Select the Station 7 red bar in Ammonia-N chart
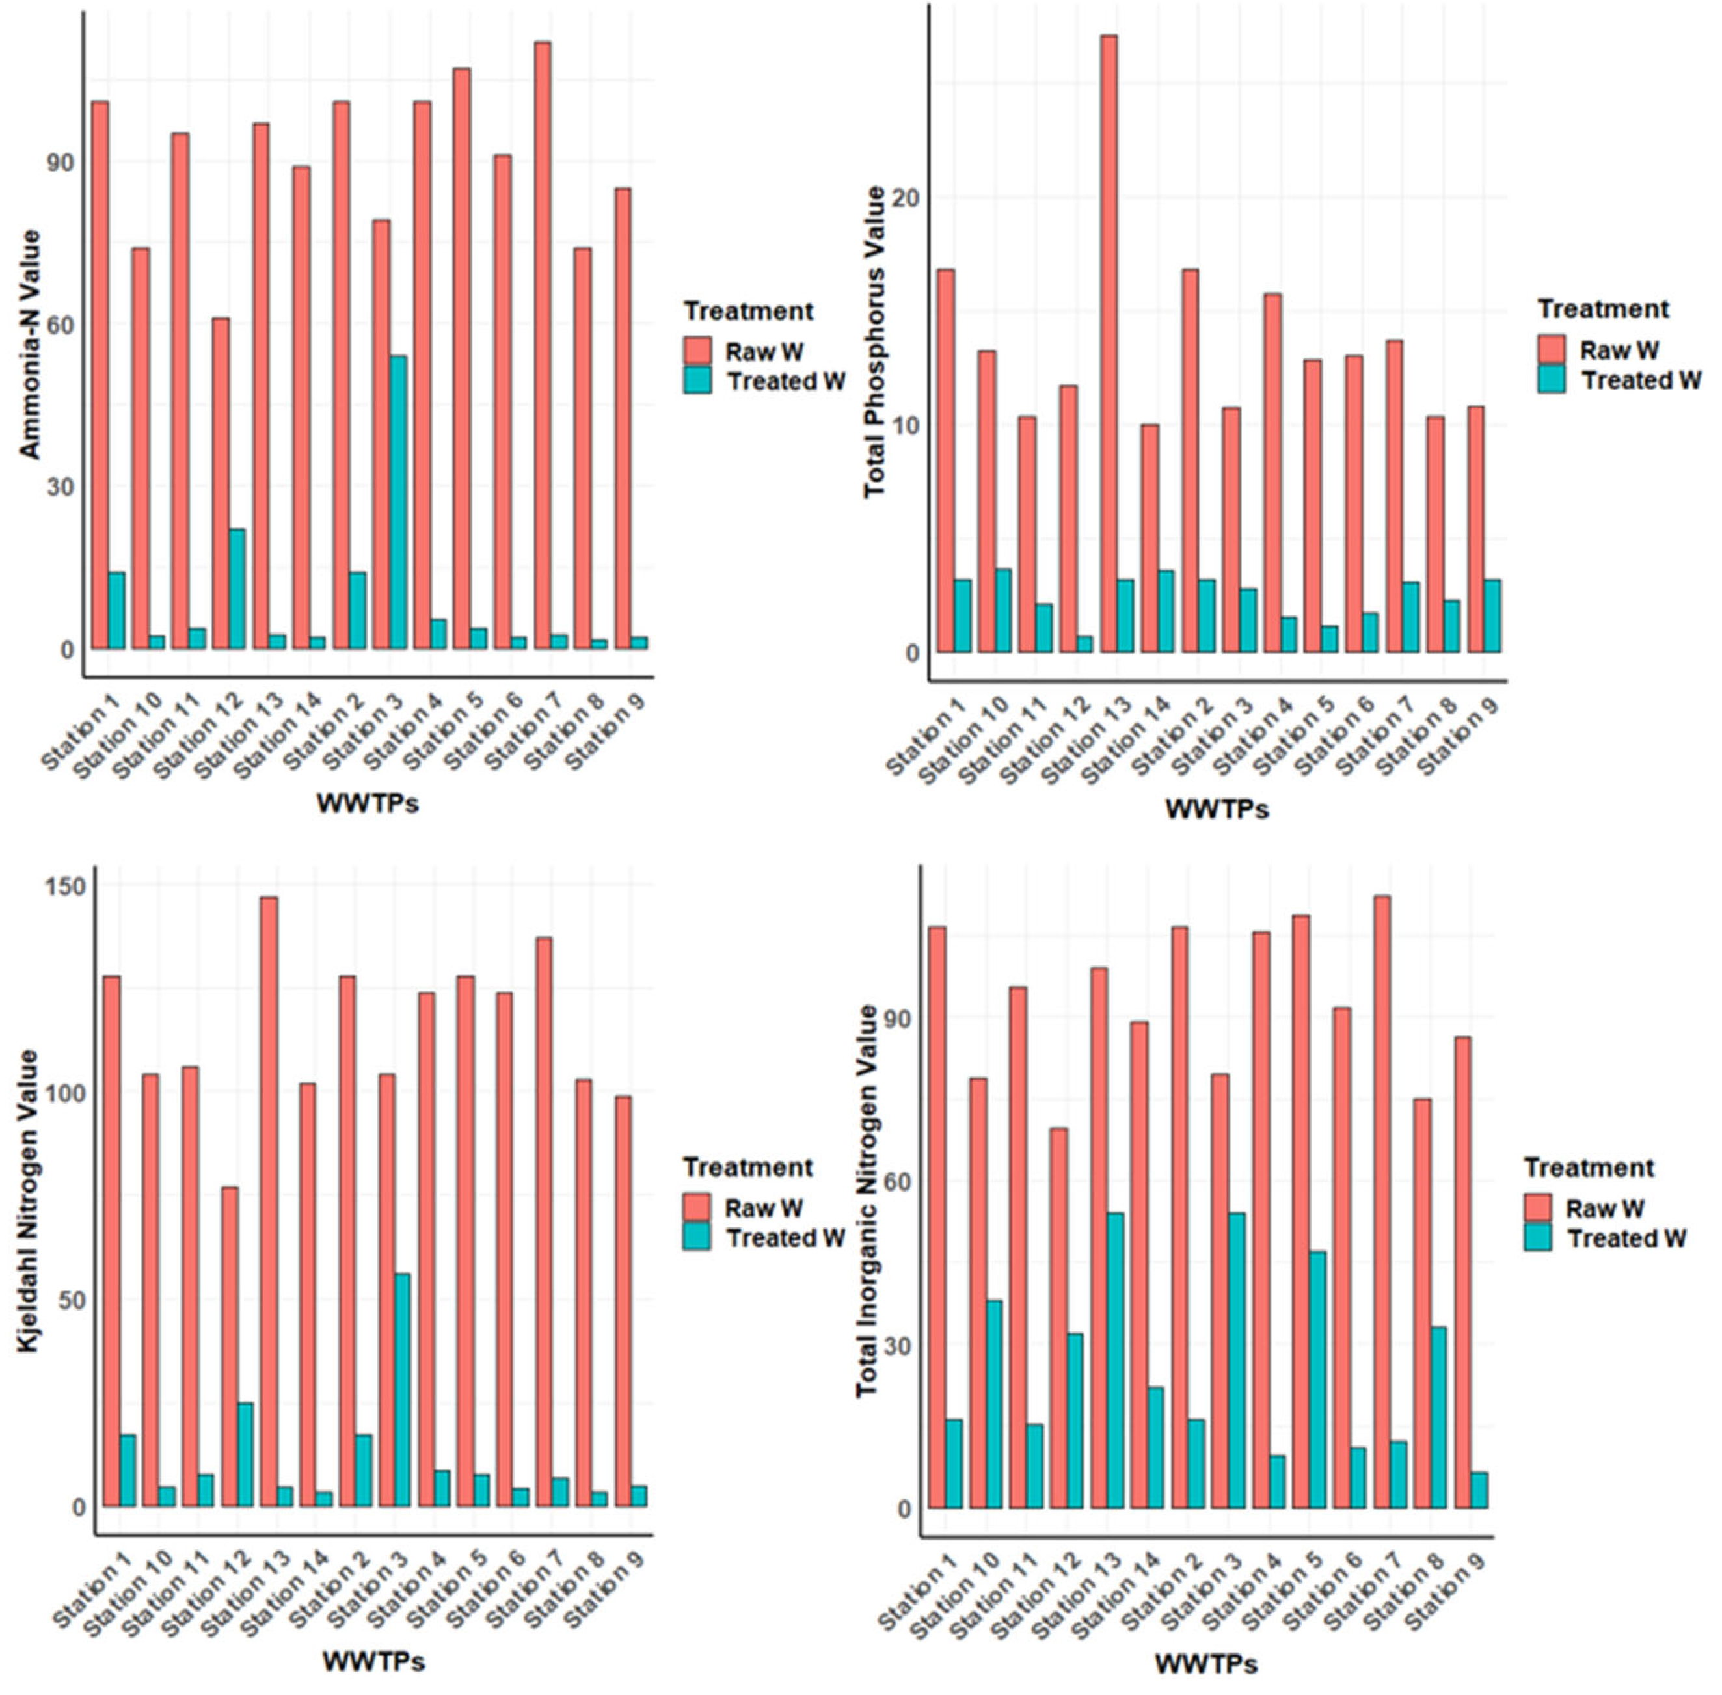543,347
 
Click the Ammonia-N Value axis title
31,345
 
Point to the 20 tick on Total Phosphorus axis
906,198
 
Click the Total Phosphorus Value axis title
875,343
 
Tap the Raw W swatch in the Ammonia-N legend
697,351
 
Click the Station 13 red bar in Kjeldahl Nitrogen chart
269,1202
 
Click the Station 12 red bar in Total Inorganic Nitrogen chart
1058,1318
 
